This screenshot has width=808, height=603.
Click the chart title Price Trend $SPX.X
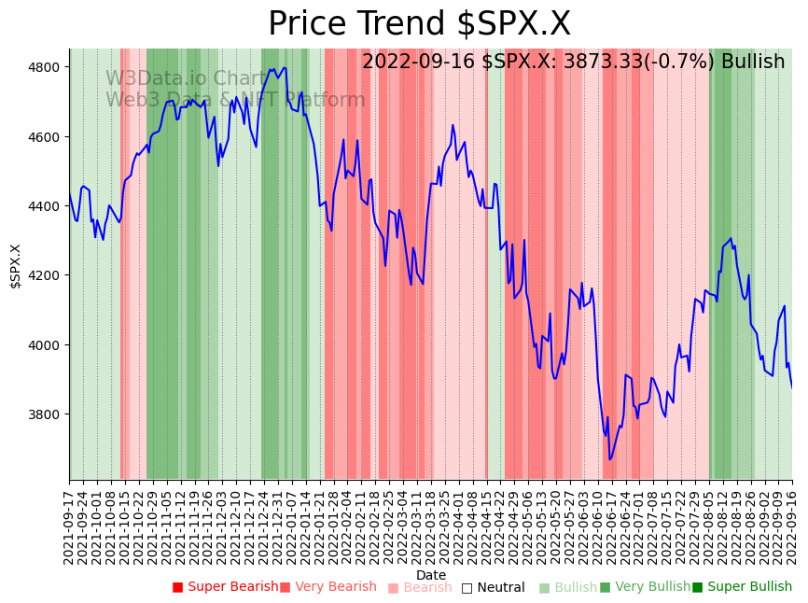[x=419, y=24]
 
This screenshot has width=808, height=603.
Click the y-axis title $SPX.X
[x=16, y=266]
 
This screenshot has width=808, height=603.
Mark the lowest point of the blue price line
[x=610, y=459]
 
